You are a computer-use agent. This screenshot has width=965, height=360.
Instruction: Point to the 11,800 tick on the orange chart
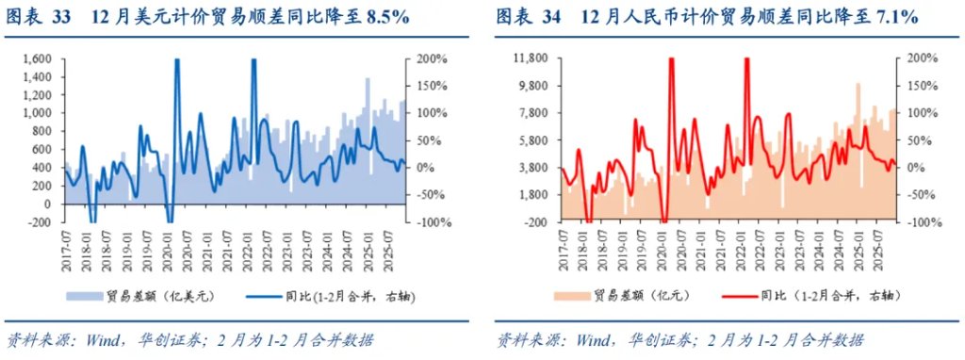tap(533, 59)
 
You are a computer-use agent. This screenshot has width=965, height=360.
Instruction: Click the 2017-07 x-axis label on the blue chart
tap(68, 248)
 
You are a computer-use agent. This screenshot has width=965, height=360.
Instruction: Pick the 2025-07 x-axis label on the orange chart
tap(877, 248)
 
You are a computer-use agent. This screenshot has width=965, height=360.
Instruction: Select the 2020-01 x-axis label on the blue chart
tap(170, 248)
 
